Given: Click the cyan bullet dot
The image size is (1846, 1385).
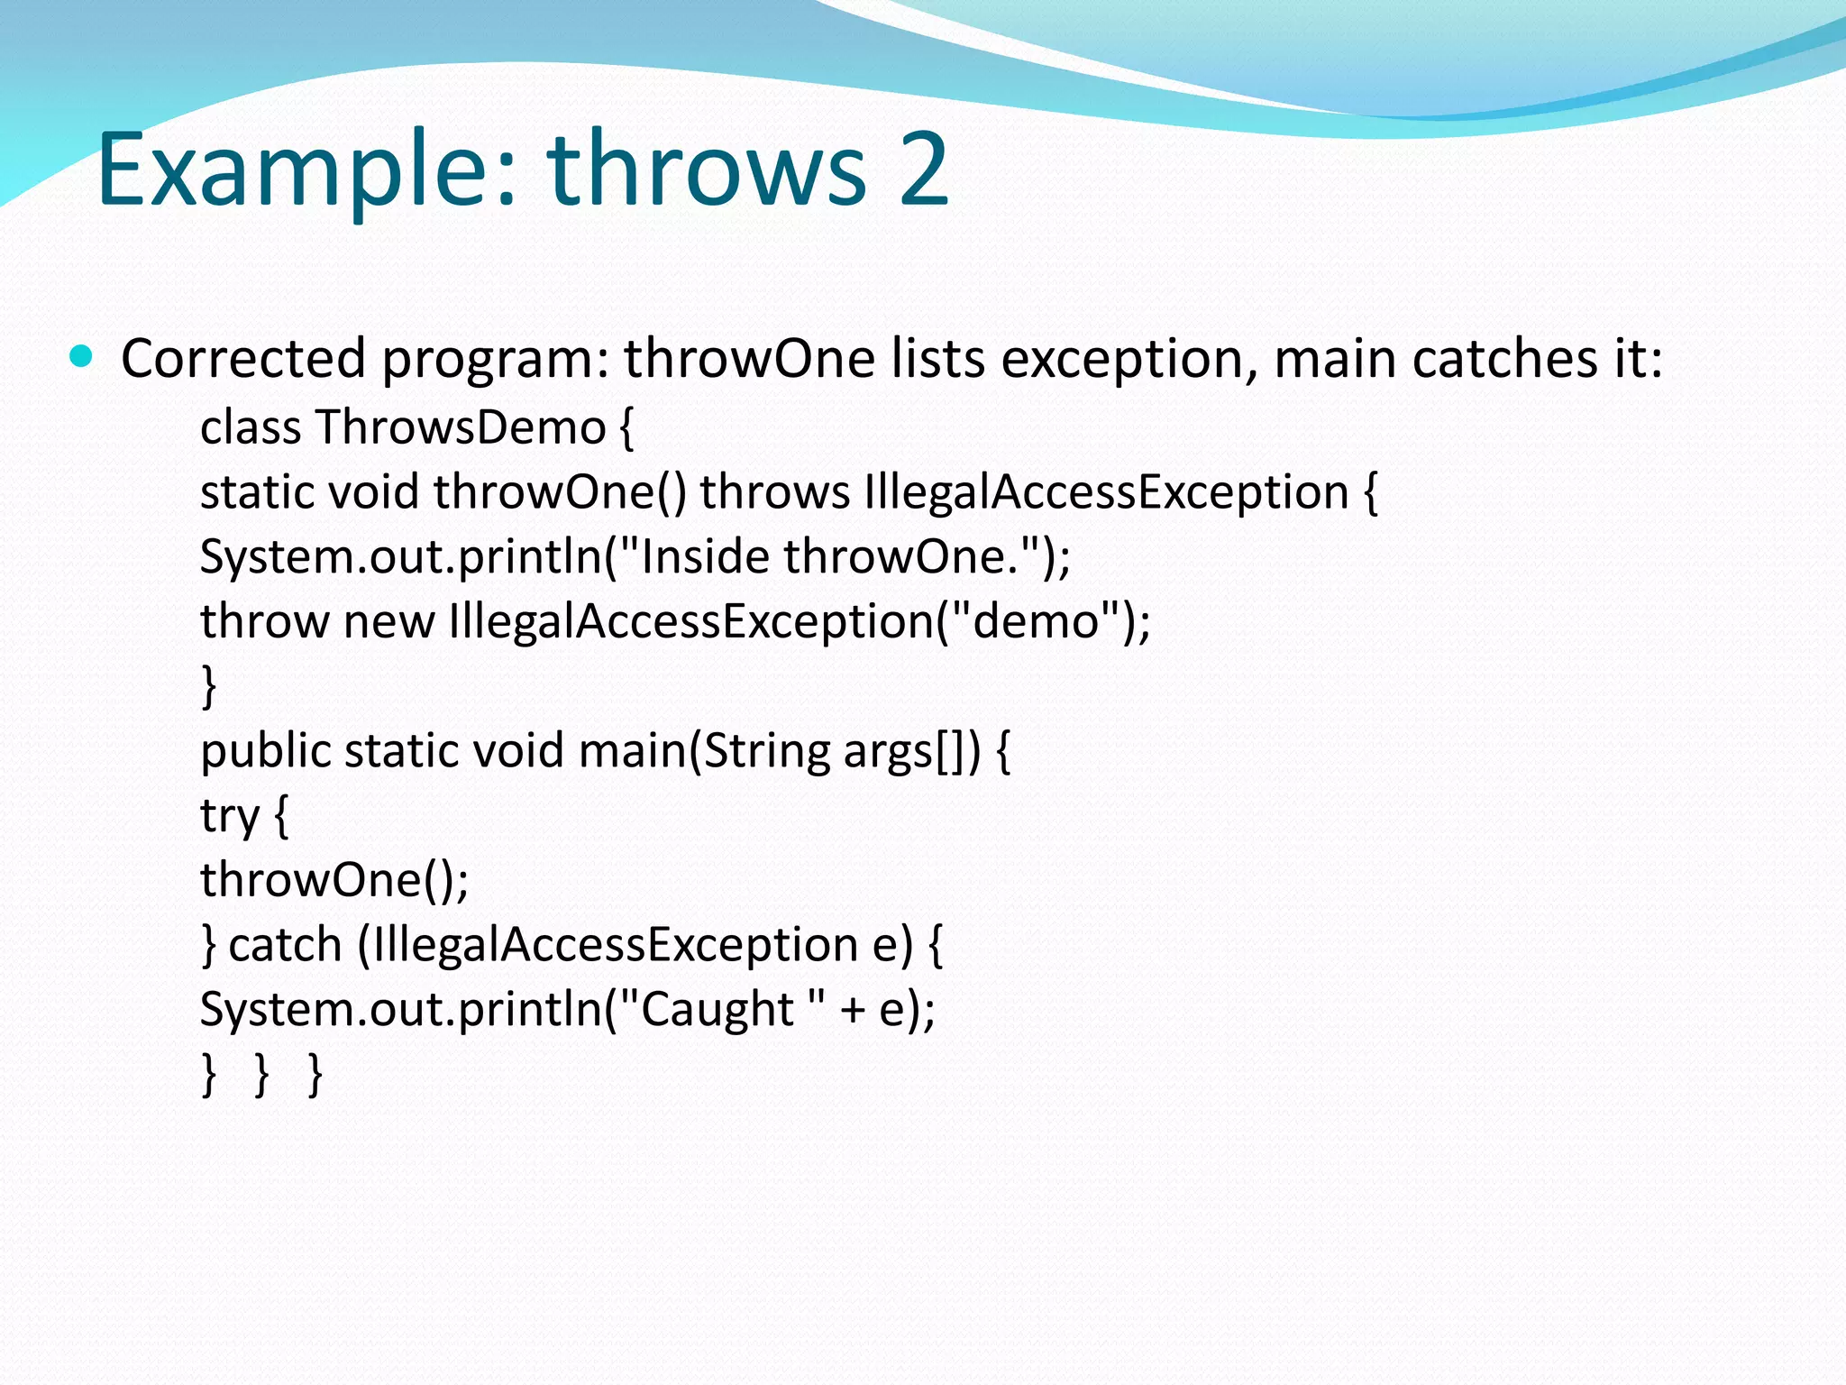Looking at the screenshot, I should pos(81,356).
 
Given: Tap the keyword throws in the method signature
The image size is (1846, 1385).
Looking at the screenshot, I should pos(775,492).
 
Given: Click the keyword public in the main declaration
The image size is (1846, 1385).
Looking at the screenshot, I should pos(265,750).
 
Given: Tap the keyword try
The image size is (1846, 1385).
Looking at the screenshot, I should pos(230,816).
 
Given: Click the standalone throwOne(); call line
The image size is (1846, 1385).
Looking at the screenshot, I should pos(334,879).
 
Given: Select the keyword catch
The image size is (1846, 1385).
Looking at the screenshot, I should pos(285,944).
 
